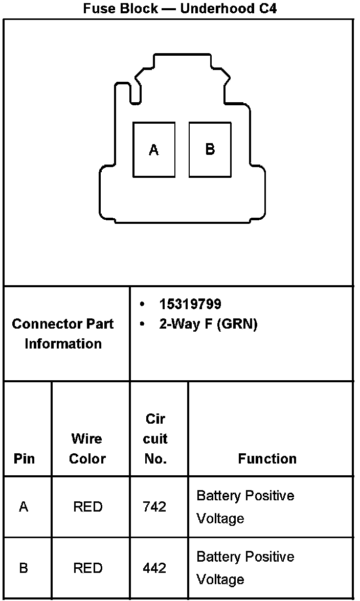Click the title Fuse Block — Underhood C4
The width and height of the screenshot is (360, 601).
(x=179, y=9)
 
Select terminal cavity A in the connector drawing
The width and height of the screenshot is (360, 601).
(x=154, y=150)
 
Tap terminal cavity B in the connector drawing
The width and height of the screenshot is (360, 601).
(x=210, y=149)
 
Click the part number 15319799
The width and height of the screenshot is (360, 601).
(x=190, y=305)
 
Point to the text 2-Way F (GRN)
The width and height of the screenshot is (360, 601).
(x=208, y=325)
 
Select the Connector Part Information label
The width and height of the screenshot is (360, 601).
(x=63, y=334)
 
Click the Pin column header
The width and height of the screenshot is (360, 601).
(x=25, y=458)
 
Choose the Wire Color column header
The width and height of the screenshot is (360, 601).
(x=87, y=449)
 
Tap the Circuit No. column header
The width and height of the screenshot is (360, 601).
(x=155, y=438)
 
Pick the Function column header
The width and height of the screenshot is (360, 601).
(x=267, y=458)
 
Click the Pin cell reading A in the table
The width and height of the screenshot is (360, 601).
(x=24, y=507)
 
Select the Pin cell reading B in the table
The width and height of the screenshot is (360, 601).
(x=24, y=568)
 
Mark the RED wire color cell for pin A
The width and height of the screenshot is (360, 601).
(x=87, y=507)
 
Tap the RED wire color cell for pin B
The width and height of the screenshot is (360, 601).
(x=87, y=568)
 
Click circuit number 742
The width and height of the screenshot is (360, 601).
(x=155, y=507)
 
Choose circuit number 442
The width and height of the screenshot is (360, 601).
(x=155, y=568)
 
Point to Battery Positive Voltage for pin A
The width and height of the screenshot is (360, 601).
(x=245, y=507)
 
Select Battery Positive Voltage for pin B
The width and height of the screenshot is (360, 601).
(x=245, y=568)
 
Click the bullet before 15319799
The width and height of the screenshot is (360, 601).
(x=142, y=305)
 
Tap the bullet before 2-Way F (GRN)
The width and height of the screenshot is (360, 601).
(x=142, y=325)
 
